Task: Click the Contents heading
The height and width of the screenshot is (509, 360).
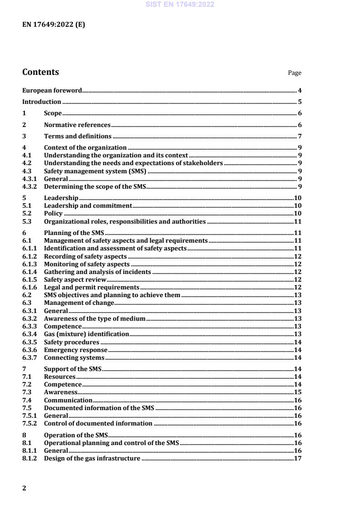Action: click(40, 72)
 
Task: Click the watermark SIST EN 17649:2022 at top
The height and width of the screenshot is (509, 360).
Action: click(180, 5)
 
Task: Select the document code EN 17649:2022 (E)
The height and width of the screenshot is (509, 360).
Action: click(54, 25)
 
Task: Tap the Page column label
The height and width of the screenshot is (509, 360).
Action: click(295, 73)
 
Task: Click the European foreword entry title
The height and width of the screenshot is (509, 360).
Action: click(52, 91)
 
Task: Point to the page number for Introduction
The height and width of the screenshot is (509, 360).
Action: click(300, 102)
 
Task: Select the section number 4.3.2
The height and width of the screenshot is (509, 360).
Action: click(30, 187)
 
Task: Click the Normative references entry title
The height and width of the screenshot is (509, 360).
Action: click(77, 125)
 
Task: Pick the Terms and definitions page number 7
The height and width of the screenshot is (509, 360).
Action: click(300, 137)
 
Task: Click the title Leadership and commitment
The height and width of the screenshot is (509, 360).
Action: click(88, 206)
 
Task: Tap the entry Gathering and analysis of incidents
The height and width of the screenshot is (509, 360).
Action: click(97, 272)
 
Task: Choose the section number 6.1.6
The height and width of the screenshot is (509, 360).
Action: click(30, 288)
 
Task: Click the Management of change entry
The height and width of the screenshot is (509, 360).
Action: click(79, 303)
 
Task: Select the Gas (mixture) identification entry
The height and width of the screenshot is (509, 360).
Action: click(86, 334)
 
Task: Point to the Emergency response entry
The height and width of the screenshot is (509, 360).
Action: click(75, 350)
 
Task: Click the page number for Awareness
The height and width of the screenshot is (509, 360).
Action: click(298, 392)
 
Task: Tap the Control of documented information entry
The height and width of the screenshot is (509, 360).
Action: click(98, 423)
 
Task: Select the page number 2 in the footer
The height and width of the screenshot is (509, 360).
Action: click(25, 488)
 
